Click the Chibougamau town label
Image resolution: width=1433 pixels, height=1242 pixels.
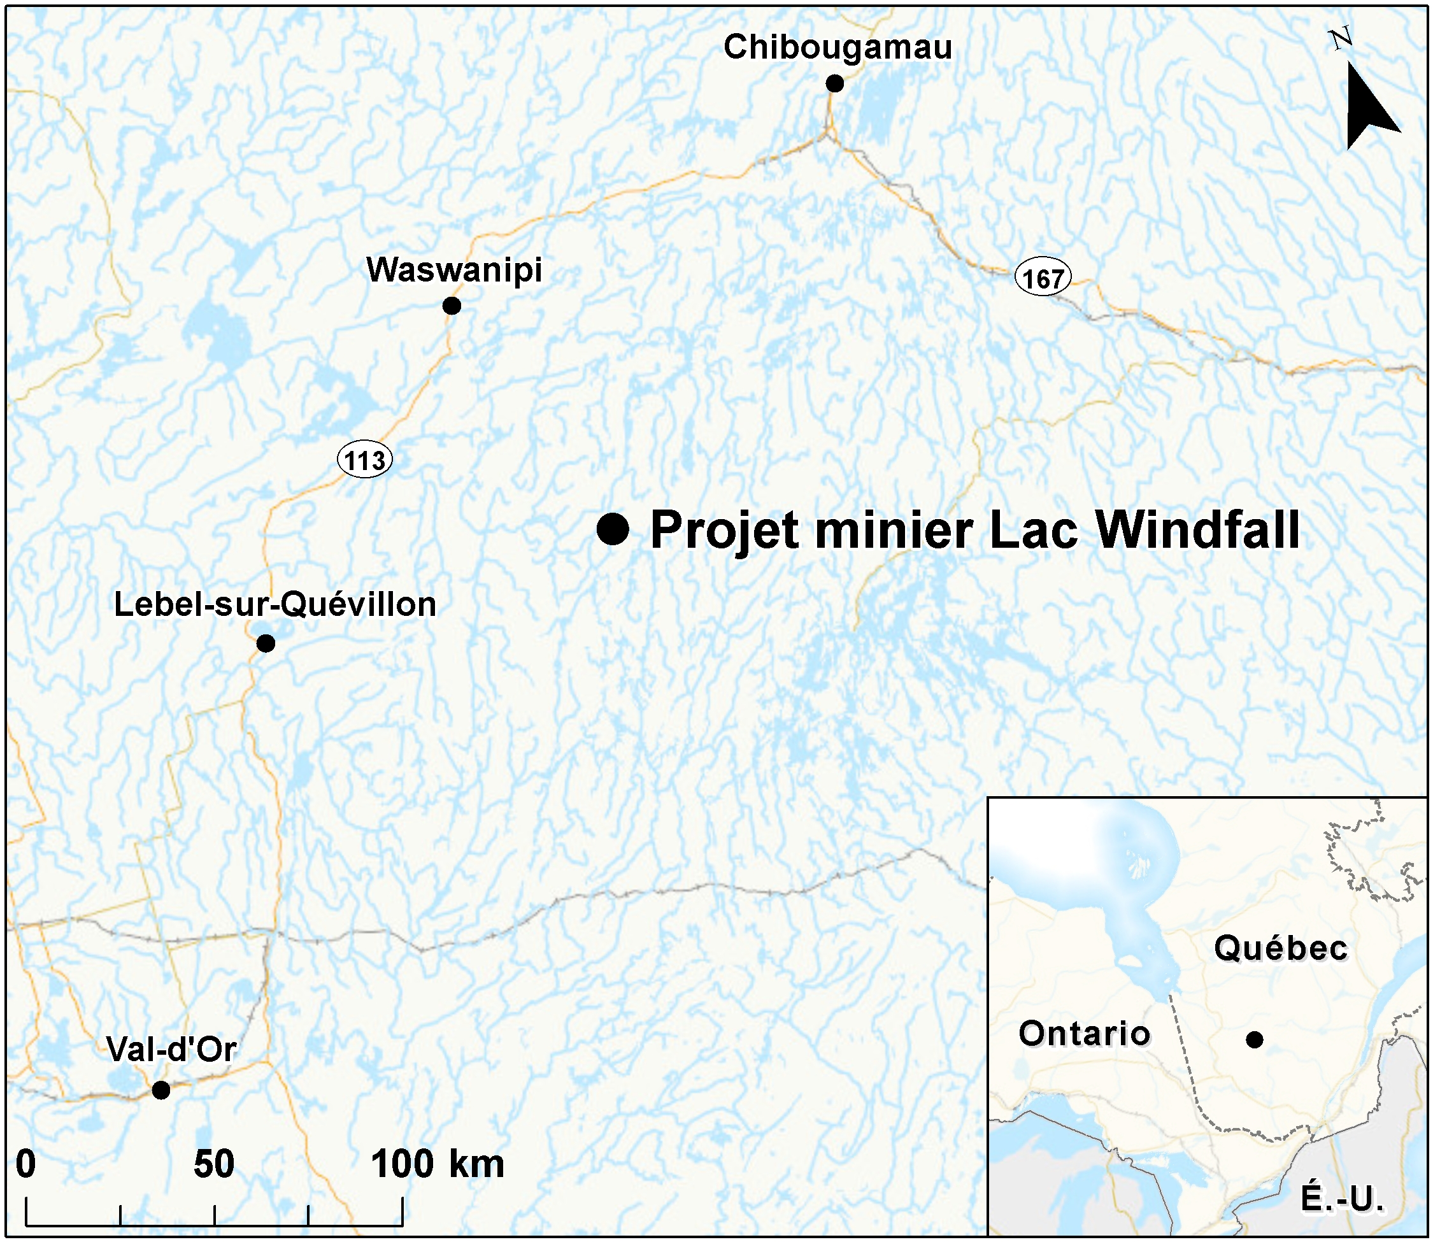point(837,48)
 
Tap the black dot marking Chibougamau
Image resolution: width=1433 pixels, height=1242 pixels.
point(834,84)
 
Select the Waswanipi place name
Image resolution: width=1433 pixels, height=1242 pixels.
point(454,270)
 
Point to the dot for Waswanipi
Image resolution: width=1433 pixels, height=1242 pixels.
point(452,306)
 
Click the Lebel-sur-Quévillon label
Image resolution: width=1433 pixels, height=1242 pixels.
point(275,604)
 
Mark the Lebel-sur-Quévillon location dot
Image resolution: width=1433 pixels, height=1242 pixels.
point(266,643)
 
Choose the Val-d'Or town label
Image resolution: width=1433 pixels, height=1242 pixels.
point(171,1049)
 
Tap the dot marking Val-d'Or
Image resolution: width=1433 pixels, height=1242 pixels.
point(160,1090)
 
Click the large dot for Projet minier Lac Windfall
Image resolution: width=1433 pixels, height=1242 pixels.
point(613,529)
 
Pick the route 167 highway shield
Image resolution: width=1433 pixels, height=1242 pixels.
point(1043,278)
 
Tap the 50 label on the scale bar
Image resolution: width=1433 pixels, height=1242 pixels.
point(213,1164)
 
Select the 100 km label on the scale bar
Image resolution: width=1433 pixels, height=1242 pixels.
point(438,1164)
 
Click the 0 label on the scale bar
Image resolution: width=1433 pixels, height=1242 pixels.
point(25,1164)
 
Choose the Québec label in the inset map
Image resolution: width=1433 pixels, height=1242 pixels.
point(1281,948)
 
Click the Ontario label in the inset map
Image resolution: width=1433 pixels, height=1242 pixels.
point(1085,1033)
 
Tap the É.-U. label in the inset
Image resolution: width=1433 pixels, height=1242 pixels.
point(1341,1198)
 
